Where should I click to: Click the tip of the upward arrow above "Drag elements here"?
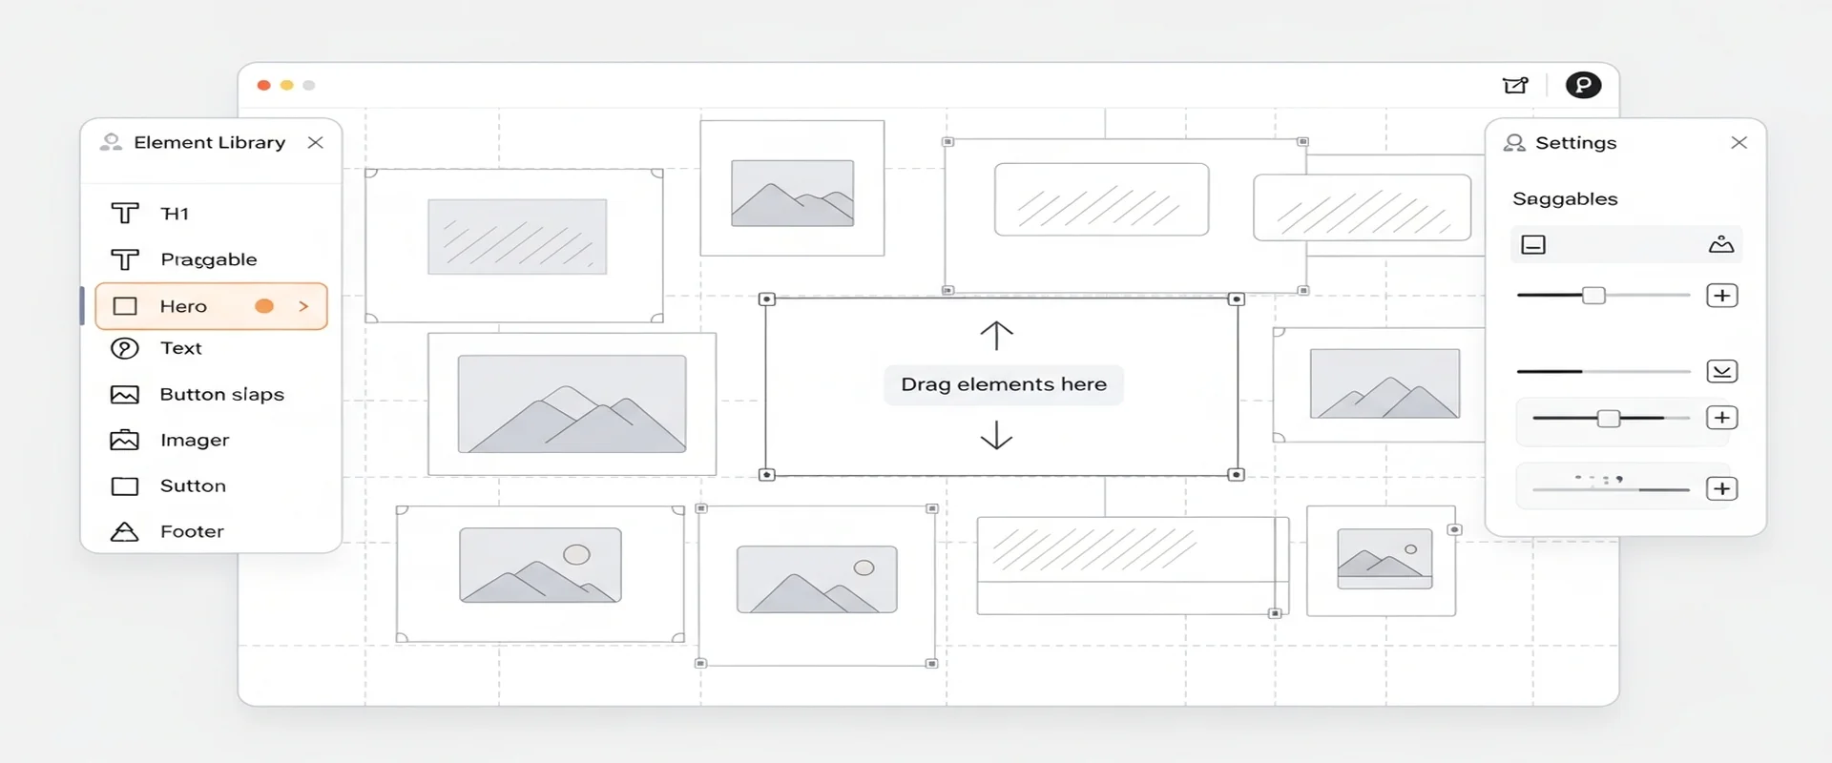coord(996,322)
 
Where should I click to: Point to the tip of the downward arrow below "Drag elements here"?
coord(996,448)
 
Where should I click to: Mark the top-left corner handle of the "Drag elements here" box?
coord(766,299)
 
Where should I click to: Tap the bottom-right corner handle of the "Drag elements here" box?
coord(1237,474)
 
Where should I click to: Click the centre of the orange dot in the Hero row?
coord(264,306)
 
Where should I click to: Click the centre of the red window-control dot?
coord(263,85)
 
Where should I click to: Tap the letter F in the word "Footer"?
coord(166,531)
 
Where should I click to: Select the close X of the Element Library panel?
coord(316,142)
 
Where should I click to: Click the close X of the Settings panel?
coord(1738,142)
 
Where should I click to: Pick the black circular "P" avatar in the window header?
coord(1583,85)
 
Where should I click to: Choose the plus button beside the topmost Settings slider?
coord(1722,296)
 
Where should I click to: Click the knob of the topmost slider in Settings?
coord(1593,296)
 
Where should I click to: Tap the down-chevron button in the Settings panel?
coord(1722,371)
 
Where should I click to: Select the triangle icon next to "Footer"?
coord(125,531)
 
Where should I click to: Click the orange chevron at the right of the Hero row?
coord(304,306)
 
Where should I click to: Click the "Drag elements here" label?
coord(1004,384)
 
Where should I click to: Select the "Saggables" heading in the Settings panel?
coord(1565,199)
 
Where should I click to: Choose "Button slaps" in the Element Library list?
coord(222,394)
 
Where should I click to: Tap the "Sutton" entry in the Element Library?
coord(193,485)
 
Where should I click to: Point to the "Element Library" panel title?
coord(210,142)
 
